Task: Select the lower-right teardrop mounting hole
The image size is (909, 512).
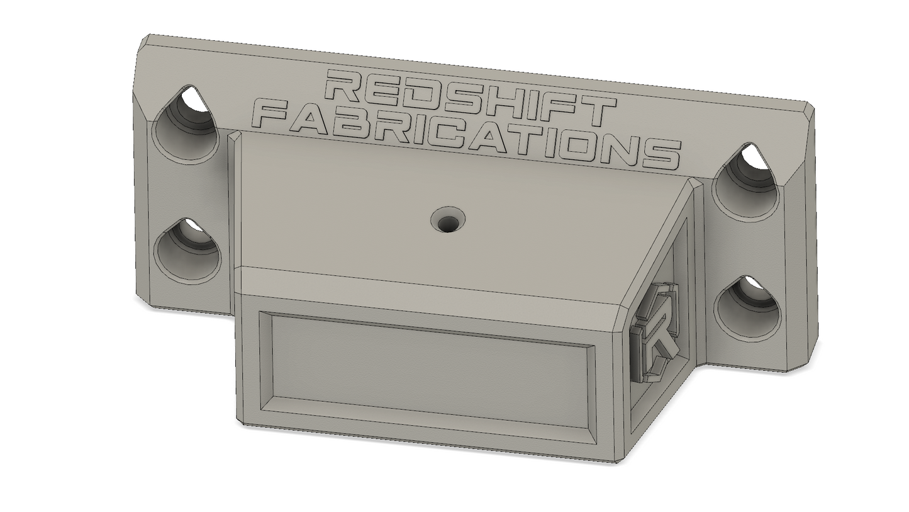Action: (x=747, y=309)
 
